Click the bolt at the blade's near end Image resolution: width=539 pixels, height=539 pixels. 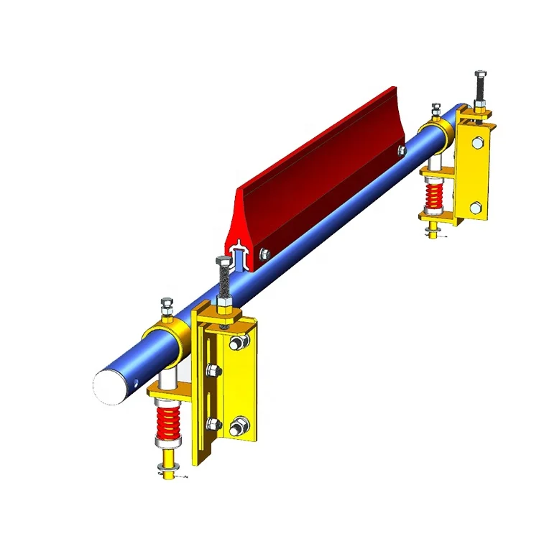tap(264, 252)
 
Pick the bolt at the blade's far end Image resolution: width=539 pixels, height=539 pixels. tap(401, 151)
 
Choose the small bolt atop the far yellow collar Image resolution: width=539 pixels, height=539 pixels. tap(436, 110)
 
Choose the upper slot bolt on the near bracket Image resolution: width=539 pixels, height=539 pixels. tap(213, 371)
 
